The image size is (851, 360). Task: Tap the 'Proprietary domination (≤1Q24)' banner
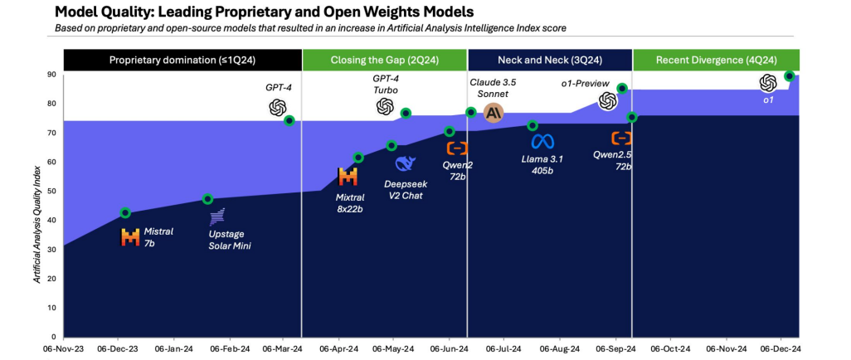point(182,60)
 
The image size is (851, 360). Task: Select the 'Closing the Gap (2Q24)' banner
point(384,60)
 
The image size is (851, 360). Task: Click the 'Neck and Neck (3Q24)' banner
point(549,60)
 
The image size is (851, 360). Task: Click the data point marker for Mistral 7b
point(125,213)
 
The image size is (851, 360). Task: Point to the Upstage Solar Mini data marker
point(207,199)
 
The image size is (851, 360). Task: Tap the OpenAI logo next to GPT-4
point(278,108)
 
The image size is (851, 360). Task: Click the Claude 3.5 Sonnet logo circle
point(494,113)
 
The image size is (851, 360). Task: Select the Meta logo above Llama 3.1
point(542,141)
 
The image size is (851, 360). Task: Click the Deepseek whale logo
point(405,163)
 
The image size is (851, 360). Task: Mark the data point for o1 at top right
point(789,76)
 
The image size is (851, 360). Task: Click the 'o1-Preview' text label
point(586,84)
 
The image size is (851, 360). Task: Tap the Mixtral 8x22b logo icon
point(348,176)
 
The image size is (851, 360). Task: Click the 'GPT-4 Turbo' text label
point(386,84)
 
